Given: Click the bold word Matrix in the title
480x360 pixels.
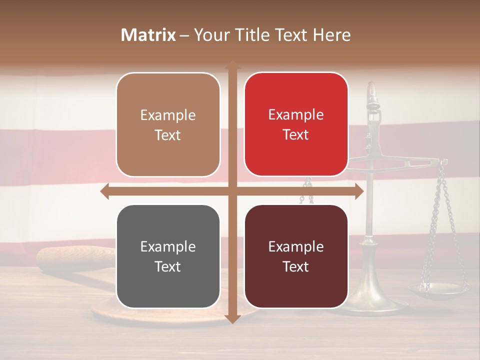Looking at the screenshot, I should (x=148, y=35).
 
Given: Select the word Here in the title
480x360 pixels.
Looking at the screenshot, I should (x=332, y=35).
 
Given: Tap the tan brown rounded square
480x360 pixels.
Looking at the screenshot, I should (x=168, y=124).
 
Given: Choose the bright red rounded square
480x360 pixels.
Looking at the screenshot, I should (x=296, y=124).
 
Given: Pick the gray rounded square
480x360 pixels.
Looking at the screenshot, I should (x=168, y=256).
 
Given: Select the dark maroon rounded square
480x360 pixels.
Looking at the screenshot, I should (x=296, y=256).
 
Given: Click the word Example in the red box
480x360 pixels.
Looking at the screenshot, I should (x=296, y=115).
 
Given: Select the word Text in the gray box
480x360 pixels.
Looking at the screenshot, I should (x=168, y=266).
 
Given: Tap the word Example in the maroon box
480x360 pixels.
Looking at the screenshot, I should (x=296, y=246).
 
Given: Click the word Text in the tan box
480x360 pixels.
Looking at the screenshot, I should (x=168, y=135).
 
